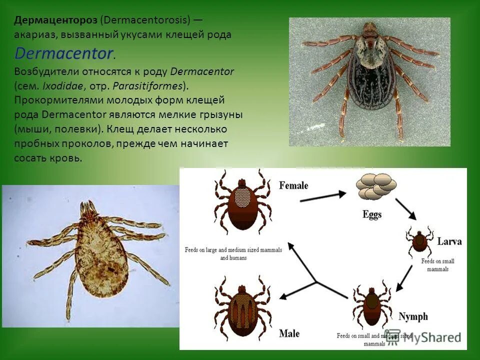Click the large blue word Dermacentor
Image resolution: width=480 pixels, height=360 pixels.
pos(64,53)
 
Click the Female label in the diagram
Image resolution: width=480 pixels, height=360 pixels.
pos(293,185)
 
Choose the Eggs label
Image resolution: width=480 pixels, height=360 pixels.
pos(371,215)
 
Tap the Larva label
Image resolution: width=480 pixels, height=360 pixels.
pos(449,241)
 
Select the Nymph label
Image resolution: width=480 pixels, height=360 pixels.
pos(413,316)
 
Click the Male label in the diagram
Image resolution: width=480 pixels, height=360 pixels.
pos(289,333)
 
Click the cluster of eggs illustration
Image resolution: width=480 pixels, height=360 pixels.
pos(376,186)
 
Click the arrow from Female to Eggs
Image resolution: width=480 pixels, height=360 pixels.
pos(324,196)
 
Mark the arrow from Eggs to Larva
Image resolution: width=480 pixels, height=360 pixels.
pos(406,209)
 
